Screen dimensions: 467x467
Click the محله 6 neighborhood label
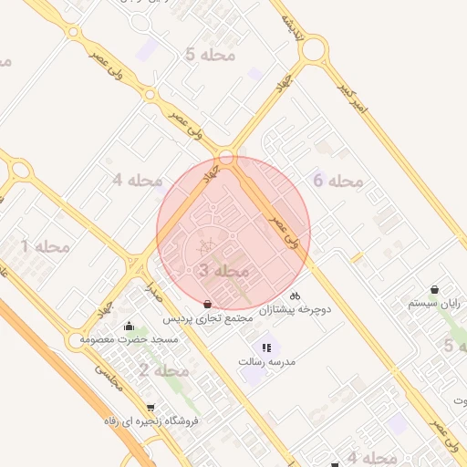click(337, 181)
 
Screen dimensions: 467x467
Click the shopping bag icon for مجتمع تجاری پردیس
click(208, 304)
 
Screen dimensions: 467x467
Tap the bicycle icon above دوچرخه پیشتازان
click(295, 296)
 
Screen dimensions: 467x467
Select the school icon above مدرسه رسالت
click(266, 348)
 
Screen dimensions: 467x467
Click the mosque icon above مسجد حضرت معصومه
click(129, 326)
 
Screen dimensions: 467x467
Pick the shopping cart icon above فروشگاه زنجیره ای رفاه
click(150, 408)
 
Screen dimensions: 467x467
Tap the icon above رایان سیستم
click(434, 290)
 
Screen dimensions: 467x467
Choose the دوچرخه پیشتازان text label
click(295, 310)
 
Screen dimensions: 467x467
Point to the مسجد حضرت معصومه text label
click(128, 339)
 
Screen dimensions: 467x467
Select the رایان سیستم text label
click(434, 303)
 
